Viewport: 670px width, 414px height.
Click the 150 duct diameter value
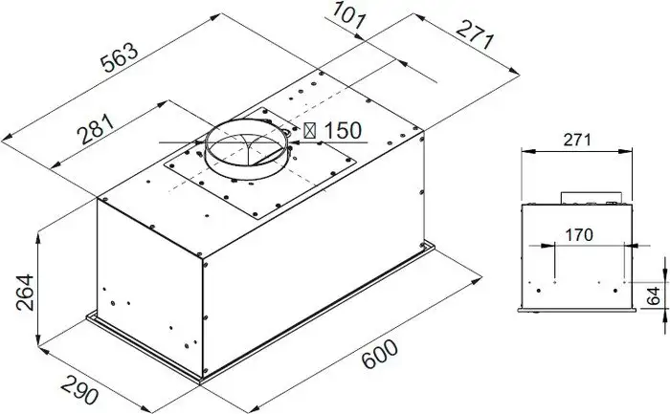tap(343, 130)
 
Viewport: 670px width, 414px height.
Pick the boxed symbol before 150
tap(312, 130)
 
